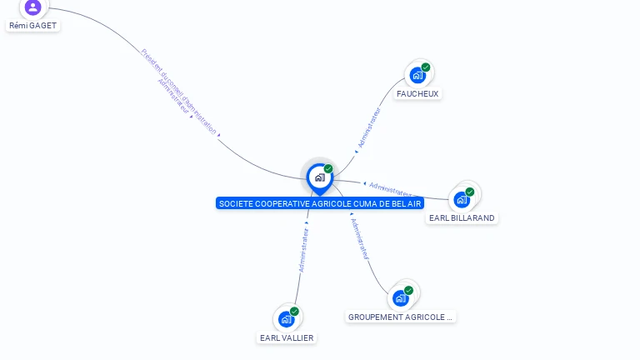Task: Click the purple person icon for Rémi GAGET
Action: [32, 7]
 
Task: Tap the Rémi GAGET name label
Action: [33, 26]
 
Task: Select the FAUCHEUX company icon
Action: [417, 75]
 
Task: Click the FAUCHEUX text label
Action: [417, 94]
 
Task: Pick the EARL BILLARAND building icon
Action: [462, 199]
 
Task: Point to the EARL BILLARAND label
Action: [462, 218]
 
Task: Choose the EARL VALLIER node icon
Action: [286, 318]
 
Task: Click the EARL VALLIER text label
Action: [287, 338]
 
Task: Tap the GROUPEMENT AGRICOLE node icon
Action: [400, 297]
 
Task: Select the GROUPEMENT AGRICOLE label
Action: [401, 317]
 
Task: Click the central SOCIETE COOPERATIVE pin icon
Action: [319, 177]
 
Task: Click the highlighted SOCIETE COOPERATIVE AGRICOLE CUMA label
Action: [320, 203]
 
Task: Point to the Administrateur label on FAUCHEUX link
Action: [369, 127]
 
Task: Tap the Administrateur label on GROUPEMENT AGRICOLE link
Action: [360, 239]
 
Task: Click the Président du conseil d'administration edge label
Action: [179, 92]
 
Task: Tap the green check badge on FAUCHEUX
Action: [426, 67]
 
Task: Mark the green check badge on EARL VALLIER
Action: [294, 312]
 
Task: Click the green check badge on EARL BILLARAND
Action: [470, 192]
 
